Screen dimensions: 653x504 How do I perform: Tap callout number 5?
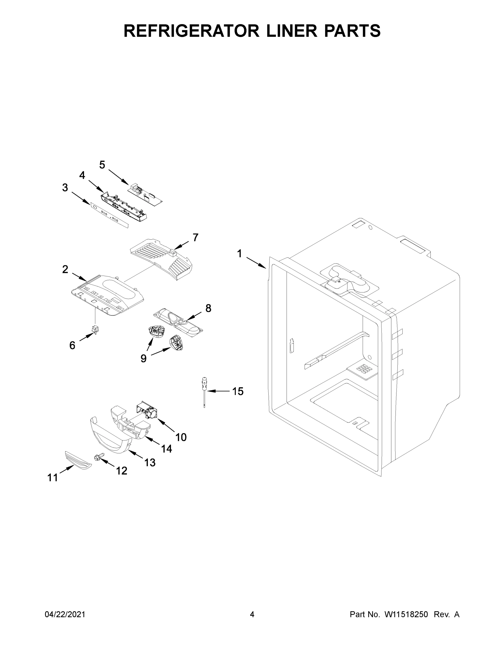102,165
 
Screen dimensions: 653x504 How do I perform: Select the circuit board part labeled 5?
145,195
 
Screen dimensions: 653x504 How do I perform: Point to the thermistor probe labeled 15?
204,392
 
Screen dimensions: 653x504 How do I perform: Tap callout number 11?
52,478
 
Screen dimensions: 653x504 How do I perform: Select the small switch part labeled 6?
96,330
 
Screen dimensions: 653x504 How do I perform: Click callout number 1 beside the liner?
239,254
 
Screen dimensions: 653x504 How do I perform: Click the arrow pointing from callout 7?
181,245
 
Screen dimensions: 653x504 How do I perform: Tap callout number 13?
150,463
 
